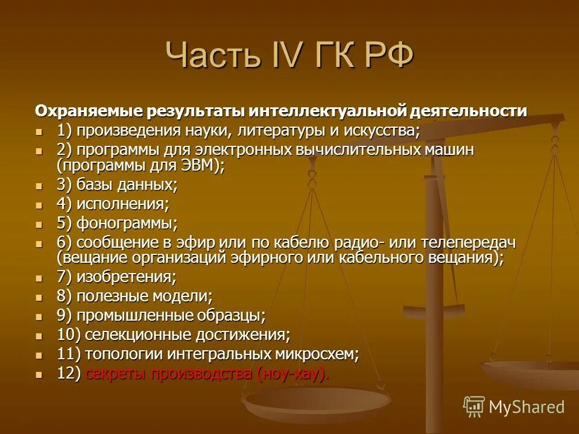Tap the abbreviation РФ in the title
tap(388, 56)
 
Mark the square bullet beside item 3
tap(40, 185)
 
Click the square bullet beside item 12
tap(40, 374)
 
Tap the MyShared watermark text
tap(527, 407)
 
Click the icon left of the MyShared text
tap(473, 406)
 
